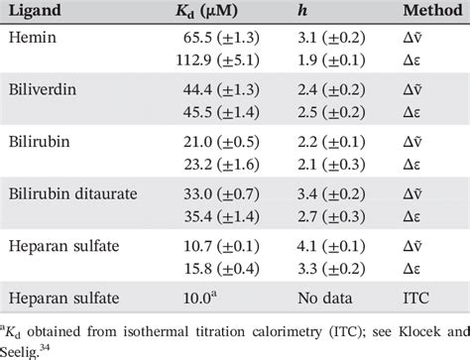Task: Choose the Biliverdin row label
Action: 39,91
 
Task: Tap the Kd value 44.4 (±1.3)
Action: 204,91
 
